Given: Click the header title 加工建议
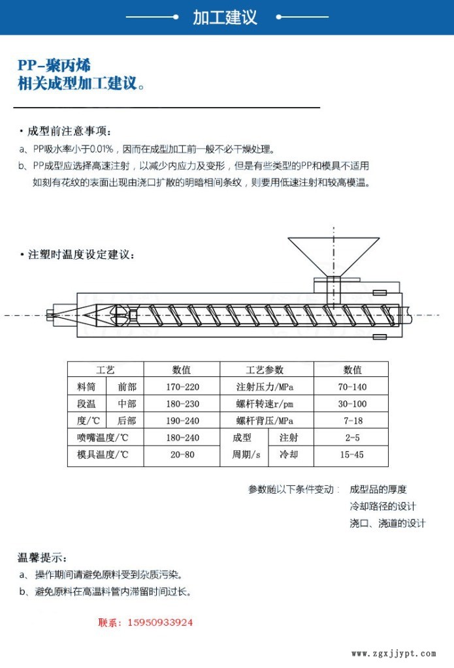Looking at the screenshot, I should point(225,18).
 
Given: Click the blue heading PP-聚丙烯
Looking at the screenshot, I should point(54,66).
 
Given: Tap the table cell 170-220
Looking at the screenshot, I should point(182,387).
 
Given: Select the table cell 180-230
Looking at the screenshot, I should point(182,404).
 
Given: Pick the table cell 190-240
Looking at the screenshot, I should point(182,421).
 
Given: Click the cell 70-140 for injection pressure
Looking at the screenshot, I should point(352,387).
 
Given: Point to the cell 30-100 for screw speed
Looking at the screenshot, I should point(352,404).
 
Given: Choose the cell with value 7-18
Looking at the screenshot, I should point(352,421).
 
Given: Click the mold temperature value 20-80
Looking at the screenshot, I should point(182,455).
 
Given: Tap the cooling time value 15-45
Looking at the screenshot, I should point(352,455).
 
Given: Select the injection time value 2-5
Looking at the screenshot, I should point(352,438).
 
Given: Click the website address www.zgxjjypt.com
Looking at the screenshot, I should point(393,653).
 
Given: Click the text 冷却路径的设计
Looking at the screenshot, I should point(383,506).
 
